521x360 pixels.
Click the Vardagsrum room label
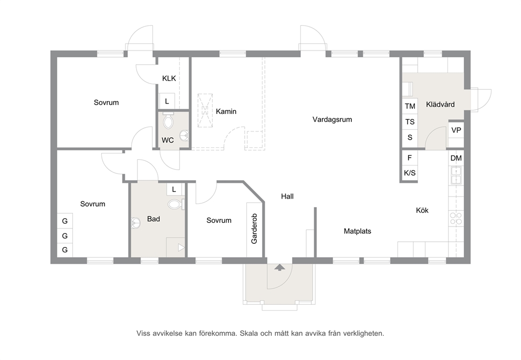click(332, 120)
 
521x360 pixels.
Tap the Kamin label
click(226, 111)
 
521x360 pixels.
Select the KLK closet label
click(169, 78)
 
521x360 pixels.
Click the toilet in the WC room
click(169, 121)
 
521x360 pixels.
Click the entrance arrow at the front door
click(280, 268)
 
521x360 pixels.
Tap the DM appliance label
click(456, 158)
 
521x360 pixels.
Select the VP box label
click(456, 130)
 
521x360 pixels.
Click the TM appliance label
click(410, 106)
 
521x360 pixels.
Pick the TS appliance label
click(410, 122)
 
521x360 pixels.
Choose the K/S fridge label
click(410, 173)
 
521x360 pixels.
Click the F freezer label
click(410, 158)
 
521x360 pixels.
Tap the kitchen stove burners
click(456, 219)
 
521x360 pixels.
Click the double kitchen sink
click(456, 176)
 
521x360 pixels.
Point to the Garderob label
click(254, 229)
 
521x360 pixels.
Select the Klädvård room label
click(440, 105)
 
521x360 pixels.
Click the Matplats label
click(357, 231)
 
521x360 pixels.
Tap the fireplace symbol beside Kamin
click(205, 110)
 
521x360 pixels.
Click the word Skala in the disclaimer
click(249, 333)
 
